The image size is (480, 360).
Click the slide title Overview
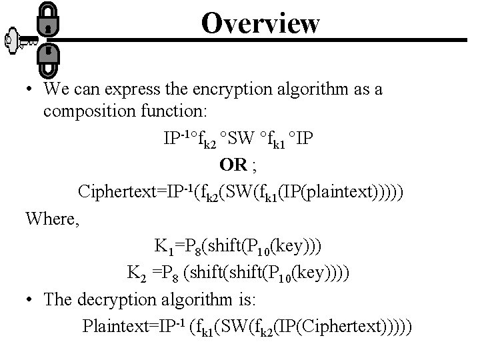[261, 23]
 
